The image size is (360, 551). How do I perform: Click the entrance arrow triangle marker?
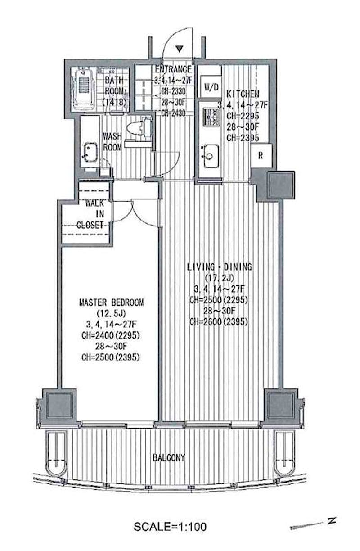(x=180, y=49)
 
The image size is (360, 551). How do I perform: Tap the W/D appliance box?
(x=211, y=86)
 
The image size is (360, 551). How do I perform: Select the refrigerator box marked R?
(x=261, y=155)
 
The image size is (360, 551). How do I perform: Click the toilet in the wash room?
(x=139, y=127)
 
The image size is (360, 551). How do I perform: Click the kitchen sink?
(x=211, y=156)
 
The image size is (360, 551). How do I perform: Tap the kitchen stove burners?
(x=211, y=117)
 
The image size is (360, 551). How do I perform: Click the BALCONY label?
(x=169, y=457)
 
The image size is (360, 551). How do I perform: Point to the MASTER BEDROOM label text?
(x=112, y=303)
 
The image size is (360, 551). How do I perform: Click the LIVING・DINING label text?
(x=220, y=267)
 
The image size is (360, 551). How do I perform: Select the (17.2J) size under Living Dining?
(x=220, y=278)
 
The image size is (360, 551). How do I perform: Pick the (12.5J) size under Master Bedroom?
(x=112, y=313)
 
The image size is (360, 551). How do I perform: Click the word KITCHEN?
(x=243, y=94)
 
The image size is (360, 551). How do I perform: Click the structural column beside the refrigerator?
(x=281, y=185)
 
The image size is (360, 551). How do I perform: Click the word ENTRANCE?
(x=173, y=69)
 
